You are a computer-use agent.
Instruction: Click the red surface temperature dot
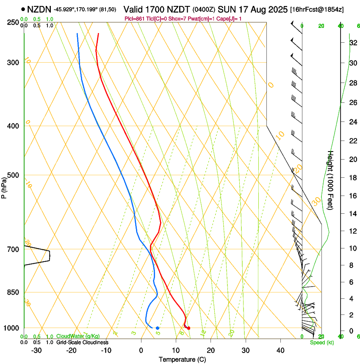tap(188, 328)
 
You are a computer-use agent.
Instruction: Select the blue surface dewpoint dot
tap(157, 328)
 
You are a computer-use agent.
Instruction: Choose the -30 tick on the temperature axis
tap(36, 350)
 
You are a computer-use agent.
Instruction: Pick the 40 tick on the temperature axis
tap(280, 350)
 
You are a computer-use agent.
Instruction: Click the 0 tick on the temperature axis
tap(141, 350)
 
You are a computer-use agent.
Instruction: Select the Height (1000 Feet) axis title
tap(331, 180)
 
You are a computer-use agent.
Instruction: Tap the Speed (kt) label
tap(322, 342)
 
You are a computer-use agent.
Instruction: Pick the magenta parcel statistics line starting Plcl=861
tap(183, 19)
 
